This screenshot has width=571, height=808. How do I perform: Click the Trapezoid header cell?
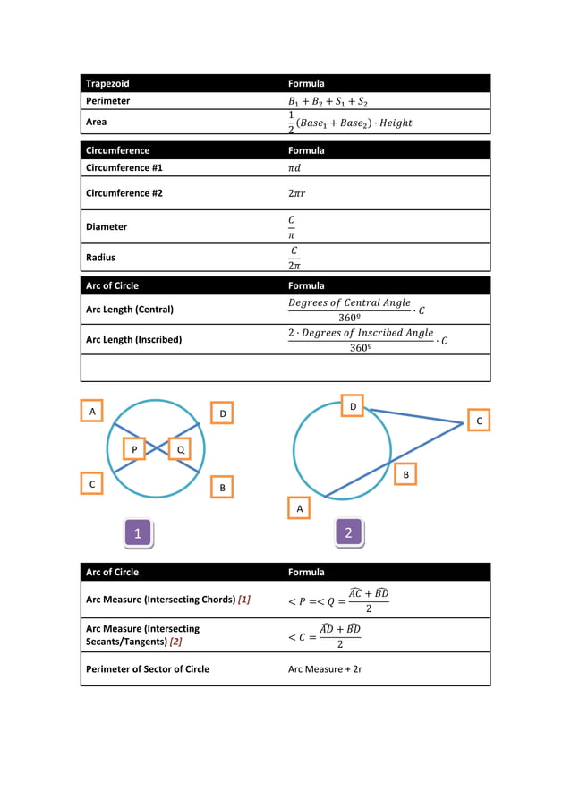coord(107,83)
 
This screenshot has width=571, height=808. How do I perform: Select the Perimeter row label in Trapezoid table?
coord(107,101)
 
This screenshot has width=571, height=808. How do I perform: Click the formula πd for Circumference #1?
coord(295,167)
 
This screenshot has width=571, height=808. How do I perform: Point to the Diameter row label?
coord(106,226)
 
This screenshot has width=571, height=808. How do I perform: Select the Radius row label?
coord(100,257)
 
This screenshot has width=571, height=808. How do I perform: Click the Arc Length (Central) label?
coord(129,310)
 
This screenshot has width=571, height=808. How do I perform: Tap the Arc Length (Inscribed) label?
coord(133,339)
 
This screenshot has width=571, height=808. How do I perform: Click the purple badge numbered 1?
coord(137,533)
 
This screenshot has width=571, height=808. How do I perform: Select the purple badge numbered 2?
coord(348,533)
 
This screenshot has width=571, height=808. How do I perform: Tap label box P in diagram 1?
coord(133,449)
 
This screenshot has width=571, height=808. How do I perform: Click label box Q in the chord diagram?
coord(180,449)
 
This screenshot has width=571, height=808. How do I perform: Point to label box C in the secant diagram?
coord(479,420)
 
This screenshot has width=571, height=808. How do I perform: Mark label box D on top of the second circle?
coord(354,407)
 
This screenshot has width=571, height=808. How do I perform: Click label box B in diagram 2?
coord(405,473)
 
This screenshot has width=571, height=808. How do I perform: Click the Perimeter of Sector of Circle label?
coord(147,668)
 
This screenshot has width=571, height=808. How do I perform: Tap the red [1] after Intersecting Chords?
coord(243,600)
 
